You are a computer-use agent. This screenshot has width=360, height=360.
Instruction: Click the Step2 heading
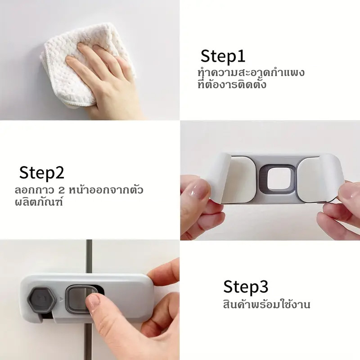(x=41, y=173)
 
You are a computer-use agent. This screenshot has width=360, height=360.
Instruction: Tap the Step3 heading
(x=245, y=287)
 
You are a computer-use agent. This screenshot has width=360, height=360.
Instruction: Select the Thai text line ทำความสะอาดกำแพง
(x=251, y=72)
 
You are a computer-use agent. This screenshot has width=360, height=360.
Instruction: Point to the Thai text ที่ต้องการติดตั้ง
(x=232, y=84)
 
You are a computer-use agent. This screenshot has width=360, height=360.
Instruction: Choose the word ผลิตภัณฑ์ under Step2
(x=39, y=202)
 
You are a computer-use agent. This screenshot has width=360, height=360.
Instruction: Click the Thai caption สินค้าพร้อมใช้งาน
(x=266, y=304)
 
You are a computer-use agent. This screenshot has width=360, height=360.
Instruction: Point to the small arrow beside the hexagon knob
(x=61, y=300)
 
